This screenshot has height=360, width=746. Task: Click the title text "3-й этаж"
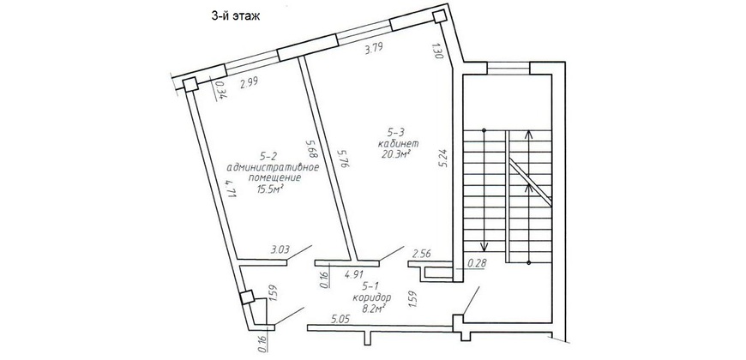[236, 16]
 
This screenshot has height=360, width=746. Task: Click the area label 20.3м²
[396, 153]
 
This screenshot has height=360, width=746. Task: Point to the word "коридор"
[372, 297]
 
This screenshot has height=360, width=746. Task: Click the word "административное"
[273, 167]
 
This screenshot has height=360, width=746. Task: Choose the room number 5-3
[396, 133]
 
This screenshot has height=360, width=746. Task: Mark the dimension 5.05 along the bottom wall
[340, 320]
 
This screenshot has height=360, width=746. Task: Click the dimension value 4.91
[354, 274]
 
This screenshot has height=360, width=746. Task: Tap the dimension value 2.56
[422, 254]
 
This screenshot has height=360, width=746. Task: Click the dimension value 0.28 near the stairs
[477, 262]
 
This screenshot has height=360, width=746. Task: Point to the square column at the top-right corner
[439, 17]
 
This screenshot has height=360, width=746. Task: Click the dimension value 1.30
[439, 51]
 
